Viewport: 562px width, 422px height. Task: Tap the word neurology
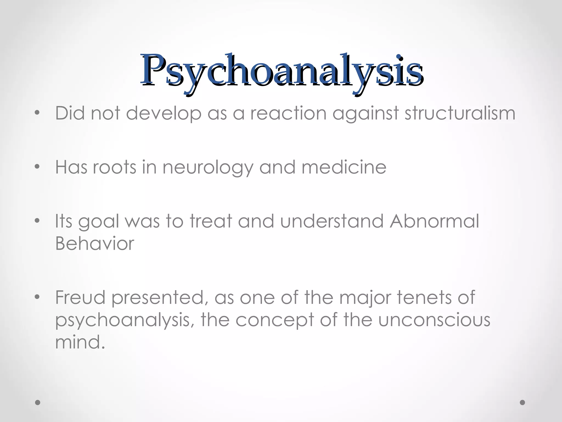pyautogui.click(x=208, y=167)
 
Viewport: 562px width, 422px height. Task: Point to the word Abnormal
pyautogui.click(x=434, y=221)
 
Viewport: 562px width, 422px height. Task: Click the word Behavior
pyautogui.click(x=95, y=243)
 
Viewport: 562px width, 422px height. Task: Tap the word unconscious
pyautogui.click(x=434, y=320)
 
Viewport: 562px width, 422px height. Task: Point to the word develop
pyautogui.click(x=164, y=113)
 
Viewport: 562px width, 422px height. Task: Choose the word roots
pyautogui.click(x=114, y=167)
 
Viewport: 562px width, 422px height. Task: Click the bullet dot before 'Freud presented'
pyautogui.click(x=37, y=297)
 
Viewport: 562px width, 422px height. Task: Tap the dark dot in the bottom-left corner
pyautogui.click(x=38, y=402)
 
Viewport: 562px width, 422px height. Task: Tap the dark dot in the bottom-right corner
pyautogui.click(x=522, y=402)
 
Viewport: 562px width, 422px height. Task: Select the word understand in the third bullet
pyautogui.click(x=331, y=221)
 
